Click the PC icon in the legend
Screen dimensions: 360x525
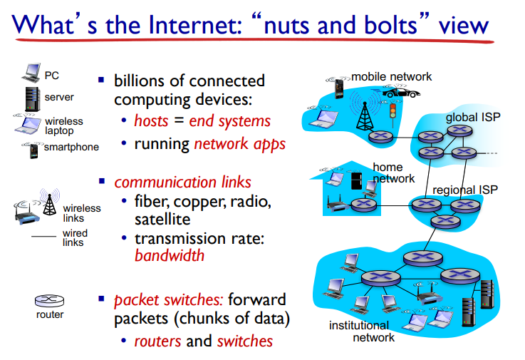coord(31,72)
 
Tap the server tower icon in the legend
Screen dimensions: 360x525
coord(31,97)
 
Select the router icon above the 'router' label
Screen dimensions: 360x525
coord(49,301)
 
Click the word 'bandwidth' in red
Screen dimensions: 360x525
coord(170,254)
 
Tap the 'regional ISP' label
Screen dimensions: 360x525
coord(465,190)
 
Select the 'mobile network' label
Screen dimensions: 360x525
coord(392,77)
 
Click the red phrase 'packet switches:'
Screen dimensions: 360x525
coord(170,299)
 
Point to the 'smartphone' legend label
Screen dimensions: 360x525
coord(71,148)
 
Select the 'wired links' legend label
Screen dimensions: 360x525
coord(75,237)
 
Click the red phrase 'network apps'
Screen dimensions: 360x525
coord(239,144)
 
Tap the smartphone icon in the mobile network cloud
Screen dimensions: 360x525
coord(339,88)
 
